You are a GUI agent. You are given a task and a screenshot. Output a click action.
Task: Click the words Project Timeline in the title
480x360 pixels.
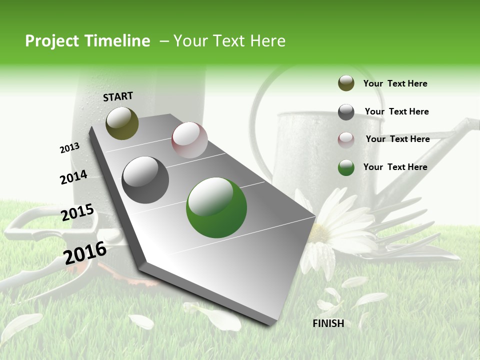tap(87, 41)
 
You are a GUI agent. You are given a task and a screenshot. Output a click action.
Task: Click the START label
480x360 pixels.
tap(118, 96)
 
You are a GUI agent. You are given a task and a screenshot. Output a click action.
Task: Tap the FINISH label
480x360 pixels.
tap(328, 323)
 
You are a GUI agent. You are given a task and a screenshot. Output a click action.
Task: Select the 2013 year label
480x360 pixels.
tap(70, 148)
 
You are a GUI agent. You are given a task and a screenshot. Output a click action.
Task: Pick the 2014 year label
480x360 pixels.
tap(73, 177)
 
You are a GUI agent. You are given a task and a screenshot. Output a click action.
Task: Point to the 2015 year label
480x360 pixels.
tap(77, 212)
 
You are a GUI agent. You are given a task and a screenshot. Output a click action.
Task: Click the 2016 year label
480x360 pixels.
tap(85, 252)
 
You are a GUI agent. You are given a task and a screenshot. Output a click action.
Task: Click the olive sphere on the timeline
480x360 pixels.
tap(122, 123)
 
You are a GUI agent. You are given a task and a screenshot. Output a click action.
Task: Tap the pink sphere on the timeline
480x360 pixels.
tap(189, 140)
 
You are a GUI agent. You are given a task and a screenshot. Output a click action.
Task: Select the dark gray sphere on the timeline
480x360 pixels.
tap(145, 180)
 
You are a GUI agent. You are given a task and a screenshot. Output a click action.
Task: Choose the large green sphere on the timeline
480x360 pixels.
tap(216, 207)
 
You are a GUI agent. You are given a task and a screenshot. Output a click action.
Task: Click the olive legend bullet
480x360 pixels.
tap(346, 83)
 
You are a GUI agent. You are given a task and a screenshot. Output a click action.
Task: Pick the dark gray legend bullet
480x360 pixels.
tap(346, 112)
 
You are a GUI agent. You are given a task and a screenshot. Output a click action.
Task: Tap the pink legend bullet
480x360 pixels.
tap(346, 139)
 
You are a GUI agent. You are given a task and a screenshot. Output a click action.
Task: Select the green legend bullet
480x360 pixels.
tap(346, 167)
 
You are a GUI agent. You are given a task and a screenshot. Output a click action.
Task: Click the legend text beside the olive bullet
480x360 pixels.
tap(395, 83)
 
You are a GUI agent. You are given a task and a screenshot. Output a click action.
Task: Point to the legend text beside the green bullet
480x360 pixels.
tap(395, 167)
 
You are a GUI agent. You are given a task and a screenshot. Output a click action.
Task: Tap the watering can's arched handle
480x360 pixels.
tap(265, 100)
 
